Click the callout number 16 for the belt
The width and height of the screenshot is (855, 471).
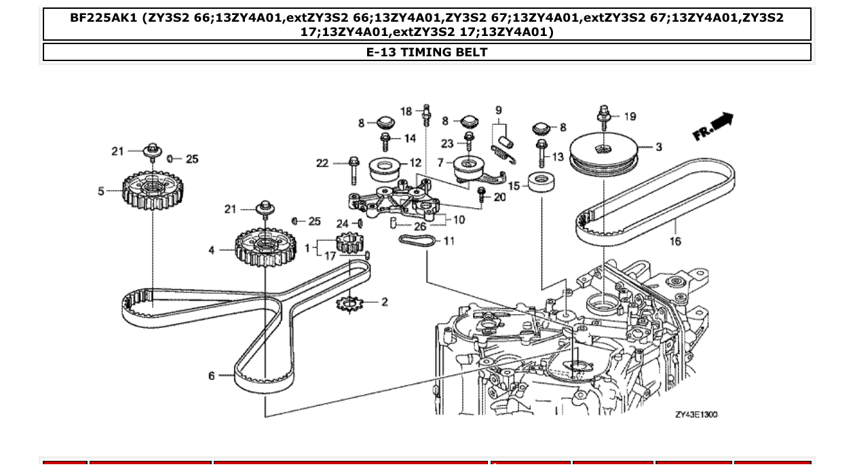674,241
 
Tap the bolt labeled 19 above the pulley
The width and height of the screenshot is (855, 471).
604,115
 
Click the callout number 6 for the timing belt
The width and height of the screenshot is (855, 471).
211,375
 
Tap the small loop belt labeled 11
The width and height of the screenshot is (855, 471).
417,241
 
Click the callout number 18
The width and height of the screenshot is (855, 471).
405,111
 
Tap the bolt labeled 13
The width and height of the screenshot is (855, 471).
541,153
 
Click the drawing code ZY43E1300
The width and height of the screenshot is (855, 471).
696,414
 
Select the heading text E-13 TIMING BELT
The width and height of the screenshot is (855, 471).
427,52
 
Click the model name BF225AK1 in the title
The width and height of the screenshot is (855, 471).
103,18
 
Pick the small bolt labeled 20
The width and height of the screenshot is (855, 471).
482,195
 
